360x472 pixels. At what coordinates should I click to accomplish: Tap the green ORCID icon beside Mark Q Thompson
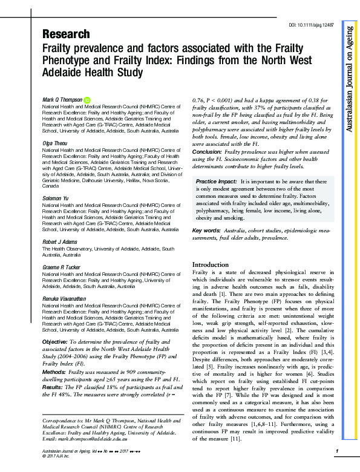(87, 99)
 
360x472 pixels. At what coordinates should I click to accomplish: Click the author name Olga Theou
(55, 143)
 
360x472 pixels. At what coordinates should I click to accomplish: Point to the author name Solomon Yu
(56, 199)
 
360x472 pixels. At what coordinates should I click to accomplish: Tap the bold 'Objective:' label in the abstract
(54, 343)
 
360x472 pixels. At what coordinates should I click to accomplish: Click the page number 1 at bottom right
(336, 451)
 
